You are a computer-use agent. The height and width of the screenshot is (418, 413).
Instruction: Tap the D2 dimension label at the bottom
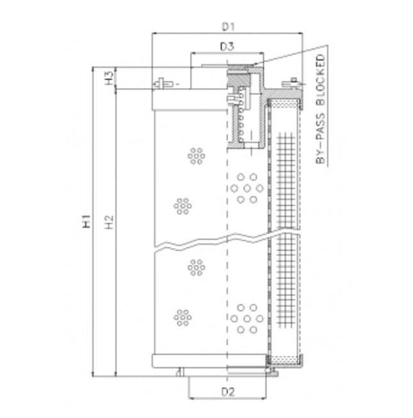(x=228, y=393)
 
